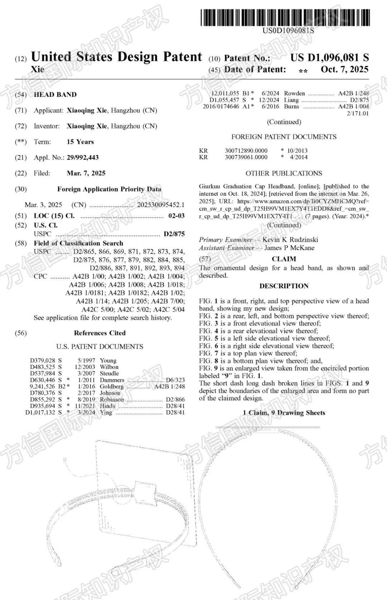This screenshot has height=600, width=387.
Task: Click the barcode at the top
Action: (285, 17)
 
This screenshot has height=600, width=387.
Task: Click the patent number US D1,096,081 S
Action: (329, 57)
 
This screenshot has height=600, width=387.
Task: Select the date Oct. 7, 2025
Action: (344, 69)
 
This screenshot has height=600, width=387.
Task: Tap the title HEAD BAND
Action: (55, 95)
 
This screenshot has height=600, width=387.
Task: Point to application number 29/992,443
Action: (82, 157)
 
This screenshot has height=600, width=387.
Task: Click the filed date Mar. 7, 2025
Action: (86, 173)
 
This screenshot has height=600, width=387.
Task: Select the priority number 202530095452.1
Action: (161, 205)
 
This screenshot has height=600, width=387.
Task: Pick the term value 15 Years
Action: (80, 142)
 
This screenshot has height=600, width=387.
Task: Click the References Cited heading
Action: (100, 333)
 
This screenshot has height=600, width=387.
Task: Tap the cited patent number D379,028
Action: (43, 360)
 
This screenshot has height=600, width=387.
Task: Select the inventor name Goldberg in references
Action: (111, 386)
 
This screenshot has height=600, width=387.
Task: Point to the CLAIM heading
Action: (284, 259)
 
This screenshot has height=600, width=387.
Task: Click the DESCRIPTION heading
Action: (284, 286)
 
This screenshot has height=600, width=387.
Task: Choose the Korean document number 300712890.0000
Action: (246, 151)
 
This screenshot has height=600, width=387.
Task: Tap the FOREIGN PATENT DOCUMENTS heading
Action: (284, 137)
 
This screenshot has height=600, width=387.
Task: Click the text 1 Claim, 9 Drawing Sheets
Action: (284, 413)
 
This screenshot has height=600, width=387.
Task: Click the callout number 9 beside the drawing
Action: (64, 460)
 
